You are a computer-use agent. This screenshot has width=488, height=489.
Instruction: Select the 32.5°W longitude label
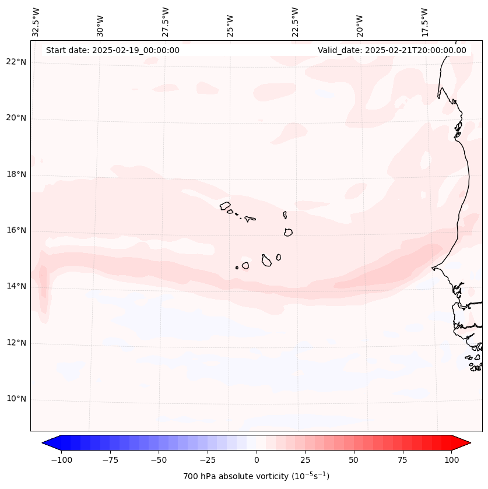tap(36, 22)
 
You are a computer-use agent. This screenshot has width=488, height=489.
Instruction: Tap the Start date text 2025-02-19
tap(113, 50)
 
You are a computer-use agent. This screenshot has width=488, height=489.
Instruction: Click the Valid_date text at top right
tap(392, 50)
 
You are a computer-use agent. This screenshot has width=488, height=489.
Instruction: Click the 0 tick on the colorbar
tap(257, 460)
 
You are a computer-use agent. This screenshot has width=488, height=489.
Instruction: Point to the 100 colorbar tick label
tap(451, 460)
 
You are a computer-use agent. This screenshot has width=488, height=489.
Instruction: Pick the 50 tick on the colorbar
tap(354, 460)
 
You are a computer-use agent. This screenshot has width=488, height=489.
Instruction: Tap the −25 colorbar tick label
tap(208, 460)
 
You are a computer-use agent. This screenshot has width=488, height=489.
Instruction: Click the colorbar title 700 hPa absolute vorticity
tap(257, 476)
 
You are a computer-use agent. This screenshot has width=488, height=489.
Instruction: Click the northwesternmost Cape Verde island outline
tap(225, 205)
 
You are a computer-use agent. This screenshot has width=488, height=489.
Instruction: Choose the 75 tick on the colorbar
tap(402, 460)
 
